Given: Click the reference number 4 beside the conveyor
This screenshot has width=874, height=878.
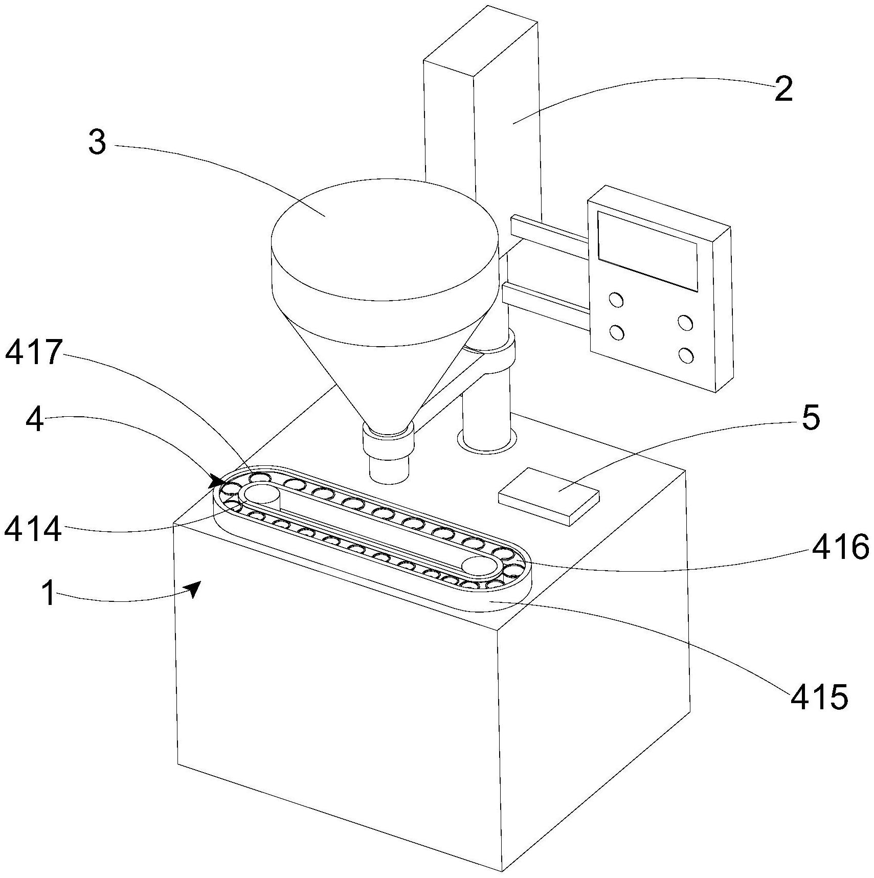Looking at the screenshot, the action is (x=34, y=417).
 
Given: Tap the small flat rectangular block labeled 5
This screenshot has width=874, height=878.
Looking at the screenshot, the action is (x=548, y=495).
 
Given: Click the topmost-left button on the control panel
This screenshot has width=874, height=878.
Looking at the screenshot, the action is (x=616, y=300).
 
